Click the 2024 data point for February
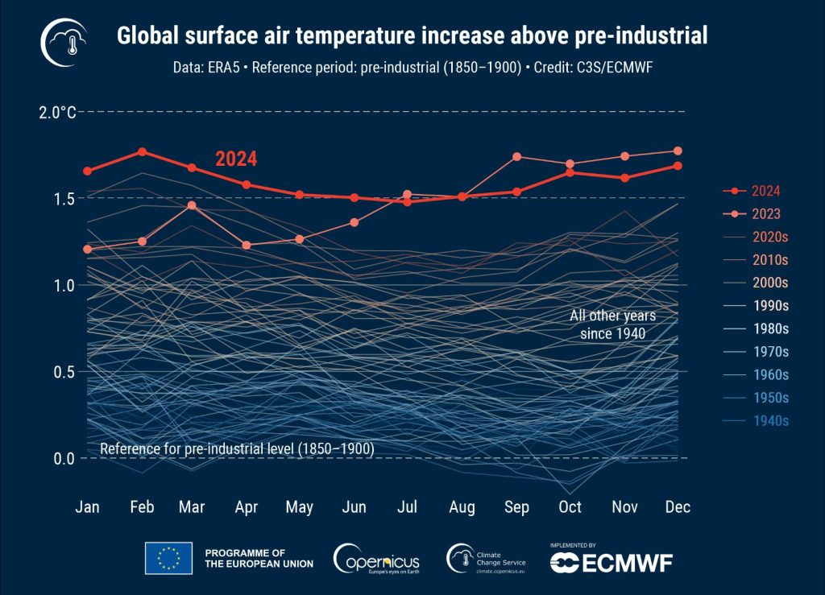click(142, 151)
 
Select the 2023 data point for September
click(516, 156)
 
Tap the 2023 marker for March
click(192, 205)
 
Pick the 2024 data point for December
click(678, 166)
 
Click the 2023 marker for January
click(88, 249)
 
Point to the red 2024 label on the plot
click(235, 159)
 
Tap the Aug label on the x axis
click(462, 507)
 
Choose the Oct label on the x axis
click(570, 507)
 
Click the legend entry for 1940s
click(770, 420)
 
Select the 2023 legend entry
click(770, 214)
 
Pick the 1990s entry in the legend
click(770, 306)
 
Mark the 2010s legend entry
click(770, 260)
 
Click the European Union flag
click(168, 558)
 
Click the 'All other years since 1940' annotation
click(613, 324)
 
